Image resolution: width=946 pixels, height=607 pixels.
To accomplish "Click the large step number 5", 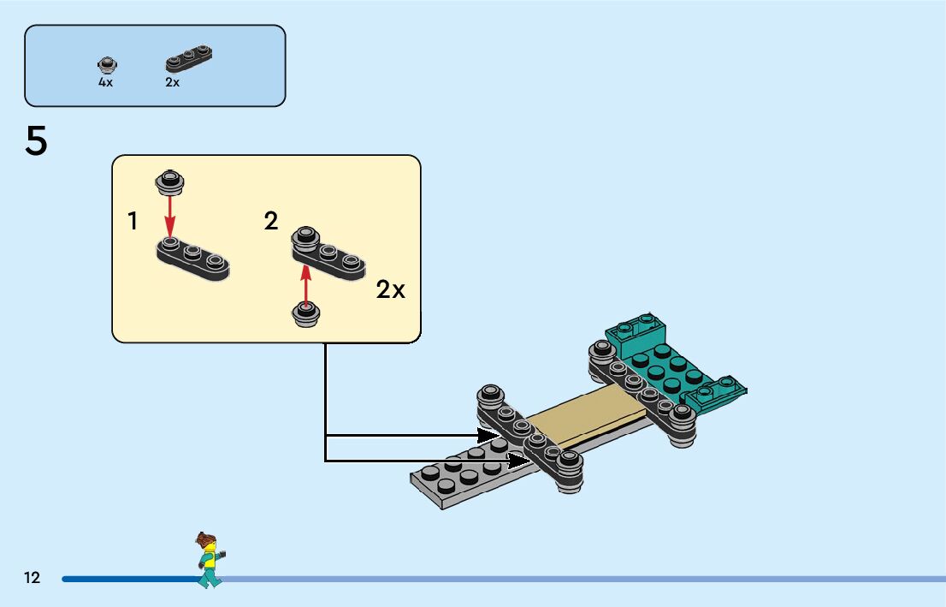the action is click(x=37, y=141).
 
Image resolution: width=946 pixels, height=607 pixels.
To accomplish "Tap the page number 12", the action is click(x=33, y=578).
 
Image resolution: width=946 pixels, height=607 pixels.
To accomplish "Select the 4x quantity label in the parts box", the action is click(x=105, y=83).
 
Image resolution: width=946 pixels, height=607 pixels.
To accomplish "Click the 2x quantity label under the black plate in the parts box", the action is click(x=173, y=83).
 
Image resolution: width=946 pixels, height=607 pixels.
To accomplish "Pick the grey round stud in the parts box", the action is click(x=107, y=64).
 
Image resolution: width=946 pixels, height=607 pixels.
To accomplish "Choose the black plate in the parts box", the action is click(x=188, y=58).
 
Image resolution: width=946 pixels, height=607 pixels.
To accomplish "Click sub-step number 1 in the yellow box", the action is click(x=133, y=222).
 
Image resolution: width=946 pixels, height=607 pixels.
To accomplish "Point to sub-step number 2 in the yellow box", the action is click(x=271, y=222).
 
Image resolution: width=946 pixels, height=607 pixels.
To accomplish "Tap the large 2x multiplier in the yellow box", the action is click(x=391, y=290).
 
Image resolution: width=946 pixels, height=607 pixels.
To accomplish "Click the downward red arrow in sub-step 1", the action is click(x=170, y=214).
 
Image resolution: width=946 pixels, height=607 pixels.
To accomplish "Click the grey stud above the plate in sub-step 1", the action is click(x=170, y=180).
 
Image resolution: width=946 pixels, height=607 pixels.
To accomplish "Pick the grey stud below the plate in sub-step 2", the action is click(x=306, y=314).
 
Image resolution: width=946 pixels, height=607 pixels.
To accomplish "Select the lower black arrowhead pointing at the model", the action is click(x=522, y=461).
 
